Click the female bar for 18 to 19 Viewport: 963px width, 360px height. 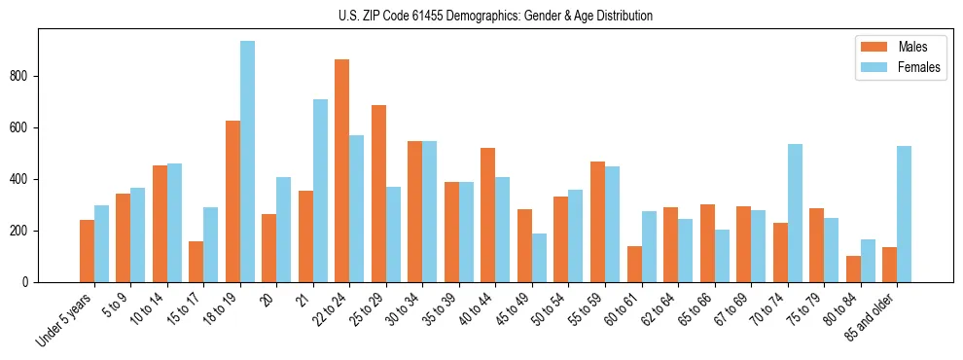click(247, 162)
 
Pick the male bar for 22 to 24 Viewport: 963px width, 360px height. click(342, 171)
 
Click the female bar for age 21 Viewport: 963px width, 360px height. click(320, 191)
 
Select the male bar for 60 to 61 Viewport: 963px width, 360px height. click(634, 265)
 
